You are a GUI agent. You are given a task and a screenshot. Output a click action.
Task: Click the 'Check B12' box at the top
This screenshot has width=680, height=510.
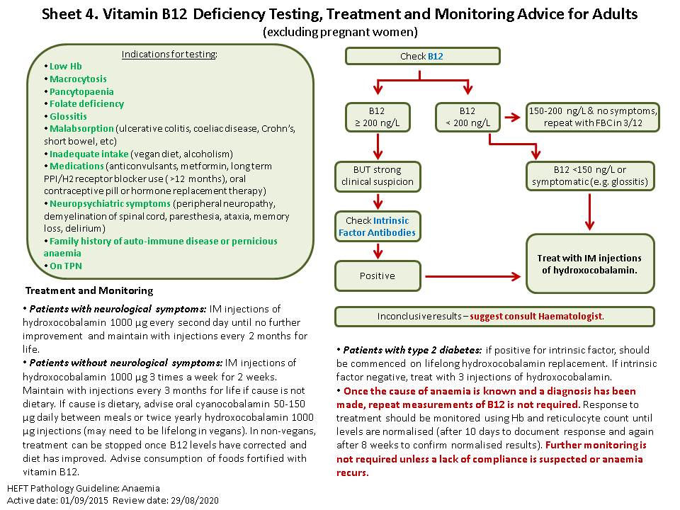[x=422, y=56]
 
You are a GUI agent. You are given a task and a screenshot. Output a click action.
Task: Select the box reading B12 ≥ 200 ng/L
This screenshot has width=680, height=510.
[x=378, y=117]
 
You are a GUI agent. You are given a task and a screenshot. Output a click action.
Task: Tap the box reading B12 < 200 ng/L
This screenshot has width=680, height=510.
[x=467, y=117]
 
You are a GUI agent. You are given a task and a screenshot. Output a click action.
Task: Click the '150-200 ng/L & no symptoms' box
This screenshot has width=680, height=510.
[x=593, y=117]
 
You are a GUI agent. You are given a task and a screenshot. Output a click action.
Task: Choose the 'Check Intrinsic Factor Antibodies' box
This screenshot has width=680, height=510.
[x=377, y=226]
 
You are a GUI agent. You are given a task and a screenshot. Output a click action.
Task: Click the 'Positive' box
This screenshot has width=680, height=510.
[x=377, y=276]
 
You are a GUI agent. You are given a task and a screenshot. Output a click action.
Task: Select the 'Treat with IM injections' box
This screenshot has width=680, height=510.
[x=589, y=263]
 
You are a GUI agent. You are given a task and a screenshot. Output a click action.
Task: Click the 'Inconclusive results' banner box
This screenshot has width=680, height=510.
[x=494, y=316]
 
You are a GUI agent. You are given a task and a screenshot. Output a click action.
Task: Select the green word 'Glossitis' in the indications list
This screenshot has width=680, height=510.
[x=69, y=116]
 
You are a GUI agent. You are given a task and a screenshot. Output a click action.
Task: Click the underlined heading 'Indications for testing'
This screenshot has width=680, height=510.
[x=170, y=54]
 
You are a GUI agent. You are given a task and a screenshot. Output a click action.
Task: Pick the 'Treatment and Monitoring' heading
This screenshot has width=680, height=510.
[x=89, y=290]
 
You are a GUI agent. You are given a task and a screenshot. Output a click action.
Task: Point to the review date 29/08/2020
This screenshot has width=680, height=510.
[x=195, y=499]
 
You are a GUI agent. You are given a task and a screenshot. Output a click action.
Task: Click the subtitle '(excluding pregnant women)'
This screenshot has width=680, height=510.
[x=340, y=32]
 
